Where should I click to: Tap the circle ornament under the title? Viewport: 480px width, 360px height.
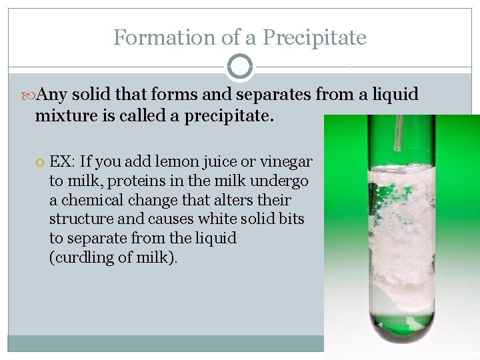(240, 67)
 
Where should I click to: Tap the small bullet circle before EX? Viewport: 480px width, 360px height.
(39, 162)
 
